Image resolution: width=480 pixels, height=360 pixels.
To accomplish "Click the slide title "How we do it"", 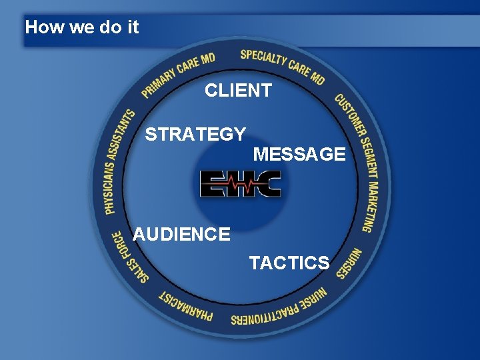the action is pos(81,27).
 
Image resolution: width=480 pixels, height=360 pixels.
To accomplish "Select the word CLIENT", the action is pos(238,91).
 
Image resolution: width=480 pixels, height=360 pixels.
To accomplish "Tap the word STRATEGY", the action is pos(195,135).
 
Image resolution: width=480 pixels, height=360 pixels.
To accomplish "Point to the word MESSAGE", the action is pos(299,155).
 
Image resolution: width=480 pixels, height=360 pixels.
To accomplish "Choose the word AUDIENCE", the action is pos(181,235).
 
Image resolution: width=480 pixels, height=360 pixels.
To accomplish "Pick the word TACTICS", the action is pos(289,263).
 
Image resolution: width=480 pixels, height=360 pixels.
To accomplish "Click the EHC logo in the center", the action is pos(241,183).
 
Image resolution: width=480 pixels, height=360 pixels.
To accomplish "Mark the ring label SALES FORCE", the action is pos(129,257).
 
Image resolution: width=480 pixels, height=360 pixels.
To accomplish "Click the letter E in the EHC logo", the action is pos(214,183).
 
